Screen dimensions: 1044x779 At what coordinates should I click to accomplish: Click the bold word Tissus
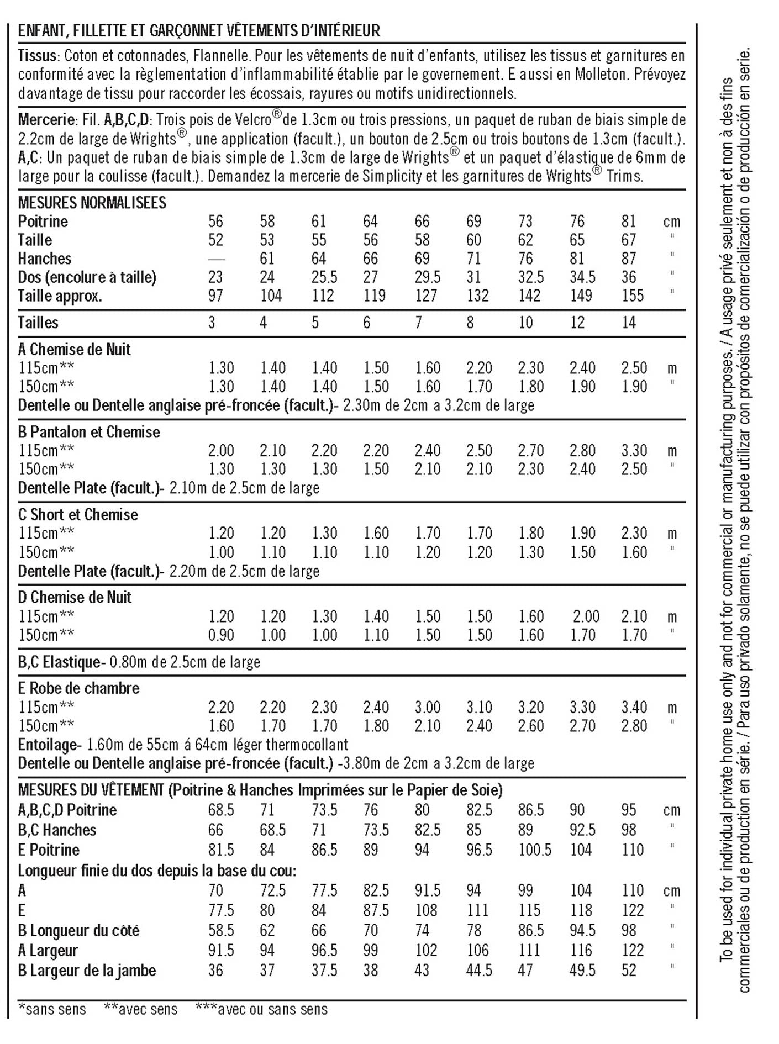tap(37, 56)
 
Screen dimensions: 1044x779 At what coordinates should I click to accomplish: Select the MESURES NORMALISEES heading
tap(92, 203)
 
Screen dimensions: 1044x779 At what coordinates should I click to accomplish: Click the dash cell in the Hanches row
tap(217, 259)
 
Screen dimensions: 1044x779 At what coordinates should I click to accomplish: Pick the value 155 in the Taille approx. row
tap(632, 296)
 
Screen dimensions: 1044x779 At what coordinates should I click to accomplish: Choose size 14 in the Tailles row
tap(629, 323)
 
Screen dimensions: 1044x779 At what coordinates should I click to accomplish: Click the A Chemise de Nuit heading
tap(75, 349)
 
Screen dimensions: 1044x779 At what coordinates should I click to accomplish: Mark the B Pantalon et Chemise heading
tap(89, 432)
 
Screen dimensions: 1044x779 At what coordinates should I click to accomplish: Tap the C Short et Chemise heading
tap(78, 515)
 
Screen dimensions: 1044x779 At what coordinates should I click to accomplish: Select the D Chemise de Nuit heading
tap(75, 598)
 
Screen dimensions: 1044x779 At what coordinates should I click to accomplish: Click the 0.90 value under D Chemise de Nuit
tap(221, 635)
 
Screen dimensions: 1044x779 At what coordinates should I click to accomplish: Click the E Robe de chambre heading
tap(78, 688)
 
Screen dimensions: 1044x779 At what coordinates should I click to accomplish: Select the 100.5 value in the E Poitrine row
tap(534, 850)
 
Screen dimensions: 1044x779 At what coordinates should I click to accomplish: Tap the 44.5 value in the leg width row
tap(478, 971)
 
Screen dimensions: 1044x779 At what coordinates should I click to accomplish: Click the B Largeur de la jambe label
tap(87, 971)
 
